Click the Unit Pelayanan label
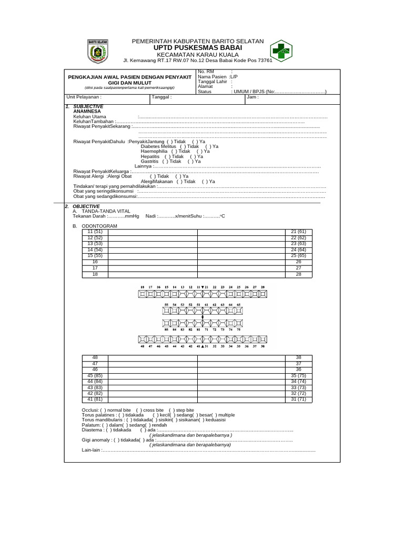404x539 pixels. [83, 97]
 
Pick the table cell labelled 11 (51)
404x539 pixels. [95, 232]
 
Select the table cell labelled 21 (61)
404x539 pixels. [298, 232]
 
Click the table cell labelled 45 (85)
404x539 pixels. [95, 375]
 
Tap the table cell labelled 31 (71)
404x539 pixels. [298, 399]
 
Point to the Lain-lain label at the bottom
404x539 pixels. [90, 450]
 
